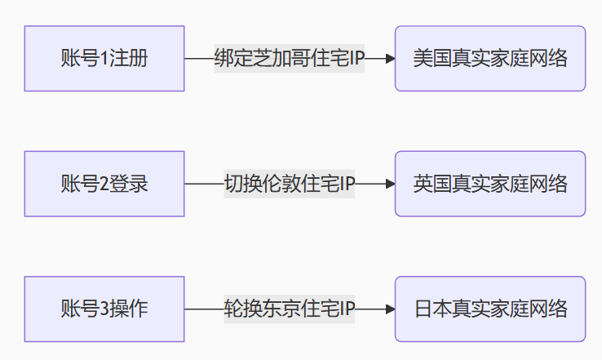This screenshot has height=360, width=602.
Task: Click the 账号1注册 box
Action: pos(104,59)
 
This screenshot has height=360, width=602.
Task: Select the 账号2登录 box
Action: pos(104,184)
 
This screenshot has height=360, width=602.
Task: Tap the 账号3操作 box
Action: pos(104,309)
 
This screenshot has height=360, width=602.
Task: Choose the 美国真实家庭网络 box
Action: pos(490,59)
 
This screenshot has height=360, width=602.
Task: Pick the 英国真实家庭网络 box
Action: pos(490,184)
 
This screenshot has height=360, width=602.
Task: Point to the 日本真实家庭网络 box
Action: pos(490,309)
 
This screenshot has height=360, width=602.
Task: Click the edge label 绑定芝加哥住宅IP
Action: pos(289,59)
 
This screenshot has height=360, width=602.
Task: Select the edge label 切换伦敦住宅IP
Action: pos(289,184)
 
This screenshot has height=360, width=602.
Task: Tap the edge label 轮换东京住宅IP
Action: pos(289,309)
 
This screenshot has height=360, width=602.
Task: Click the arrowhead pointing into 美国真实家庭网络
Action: pos(390,59)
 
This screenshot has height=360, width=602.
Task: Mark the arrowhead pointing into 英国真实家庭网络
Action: pos(390,184)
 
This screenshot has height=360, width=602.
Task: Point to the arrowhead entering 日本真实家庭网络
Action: pos(390,309)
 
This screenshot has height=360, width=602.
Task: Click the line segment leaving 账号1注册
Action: pos(199,59)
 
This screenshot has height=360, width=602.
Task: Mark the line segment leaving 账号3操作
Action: pos(204,309)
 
